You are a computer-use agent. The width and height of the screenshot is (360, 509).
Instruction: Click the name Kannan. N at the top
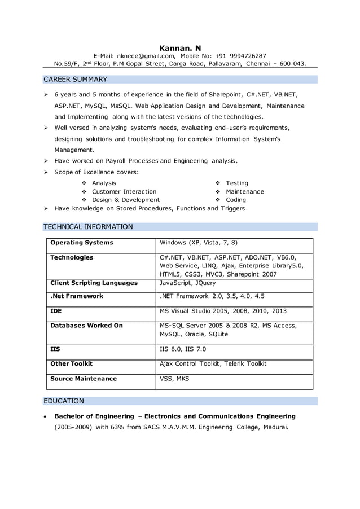point(180,47)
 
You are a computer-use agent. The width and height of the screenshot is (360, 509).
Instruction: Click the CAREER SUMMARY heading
point(75,79)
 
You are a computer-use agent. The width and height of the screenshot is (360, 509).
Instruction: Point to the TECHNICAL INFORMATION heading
point(88,227)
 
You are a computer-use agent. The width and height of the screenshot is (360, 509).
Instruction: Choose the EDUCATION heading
point(64,401)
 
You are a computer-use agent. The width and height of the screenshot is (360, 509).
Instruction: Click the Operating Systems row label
point(82,243)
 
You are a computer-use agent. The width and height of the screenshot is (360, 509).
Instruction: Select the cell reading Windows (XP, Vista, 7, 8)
point(199,243)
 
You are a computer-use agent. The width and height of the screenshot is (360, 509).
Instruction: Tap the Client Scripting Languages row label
point(94,283)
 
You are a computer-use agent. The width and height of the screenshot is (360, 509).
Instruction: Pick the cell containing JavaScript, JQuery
point(187,283)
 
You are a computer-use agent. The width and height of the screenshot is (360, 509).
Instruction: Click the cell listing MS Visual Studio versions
point(223,311)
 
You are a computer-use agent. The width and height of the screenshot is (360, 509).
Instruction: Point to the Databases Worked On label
point(86,326)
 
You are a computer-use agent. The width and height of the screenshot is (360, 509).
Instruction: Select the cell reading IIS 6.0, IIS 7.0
point(183,349)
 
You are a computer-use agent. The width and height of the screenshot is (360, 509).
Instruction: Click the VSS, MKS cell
point(174,379)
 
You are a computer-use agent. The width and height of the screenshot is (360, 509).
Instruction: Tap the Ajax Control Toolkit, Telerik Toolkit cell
point(213,364)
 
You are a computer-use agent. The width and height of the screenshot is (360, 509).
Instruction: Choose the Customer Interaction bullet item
point(124,191)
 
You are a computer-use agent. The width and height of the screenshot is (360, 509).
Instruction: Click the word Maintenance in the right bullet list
point(244,191)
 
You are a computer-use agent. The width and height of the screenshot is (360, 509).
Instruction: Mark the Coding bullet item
point(236,200)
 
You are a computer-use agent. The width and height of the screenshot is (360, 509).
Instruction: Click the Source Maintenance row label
point(84,379)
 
